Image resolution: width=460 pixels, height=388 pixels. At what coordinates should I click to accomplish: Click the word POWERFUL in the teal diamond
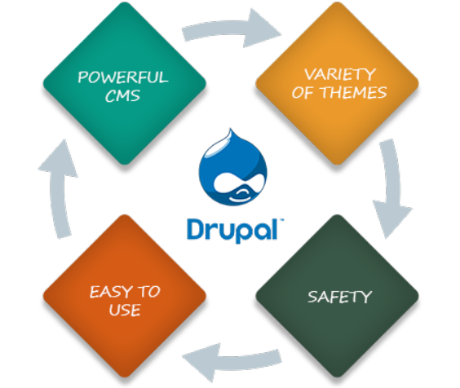[123, 77]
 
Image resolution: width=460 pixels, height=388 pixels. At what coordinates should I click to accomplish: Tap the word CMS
[122, 95]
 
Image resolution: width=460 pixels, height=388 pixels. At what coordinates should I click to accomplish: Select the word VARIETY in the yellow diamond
[340, 74]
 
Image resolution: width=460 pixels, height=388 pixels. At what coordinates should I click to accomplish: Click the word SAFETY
[340, 297]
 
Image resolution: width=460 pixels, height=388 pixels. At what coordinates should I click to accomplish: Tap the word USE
[125, 310]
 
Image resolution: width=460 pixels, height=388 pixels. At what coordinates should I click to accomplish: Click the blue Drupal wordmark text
[232, 231]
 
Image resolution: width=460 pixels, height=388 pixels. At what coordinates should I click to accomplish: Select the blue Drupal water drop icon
[232, 167]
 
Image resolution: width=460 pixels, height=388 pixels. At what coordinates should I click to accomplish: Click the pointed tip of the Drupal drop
[231, 129]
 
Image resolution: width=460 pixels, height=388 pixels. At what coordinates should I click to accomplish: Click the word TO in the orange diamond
[148, 292]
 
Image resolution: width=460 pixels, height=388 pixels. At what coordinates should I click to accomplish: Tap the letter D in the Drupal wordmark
[197, 229]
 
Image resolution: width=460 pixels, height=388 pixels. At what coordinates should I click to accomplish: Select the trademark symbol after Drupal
[282, 219]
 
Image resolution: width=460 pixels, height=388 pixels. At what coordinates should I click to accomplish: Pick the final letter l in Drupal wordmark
[274, 229]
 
